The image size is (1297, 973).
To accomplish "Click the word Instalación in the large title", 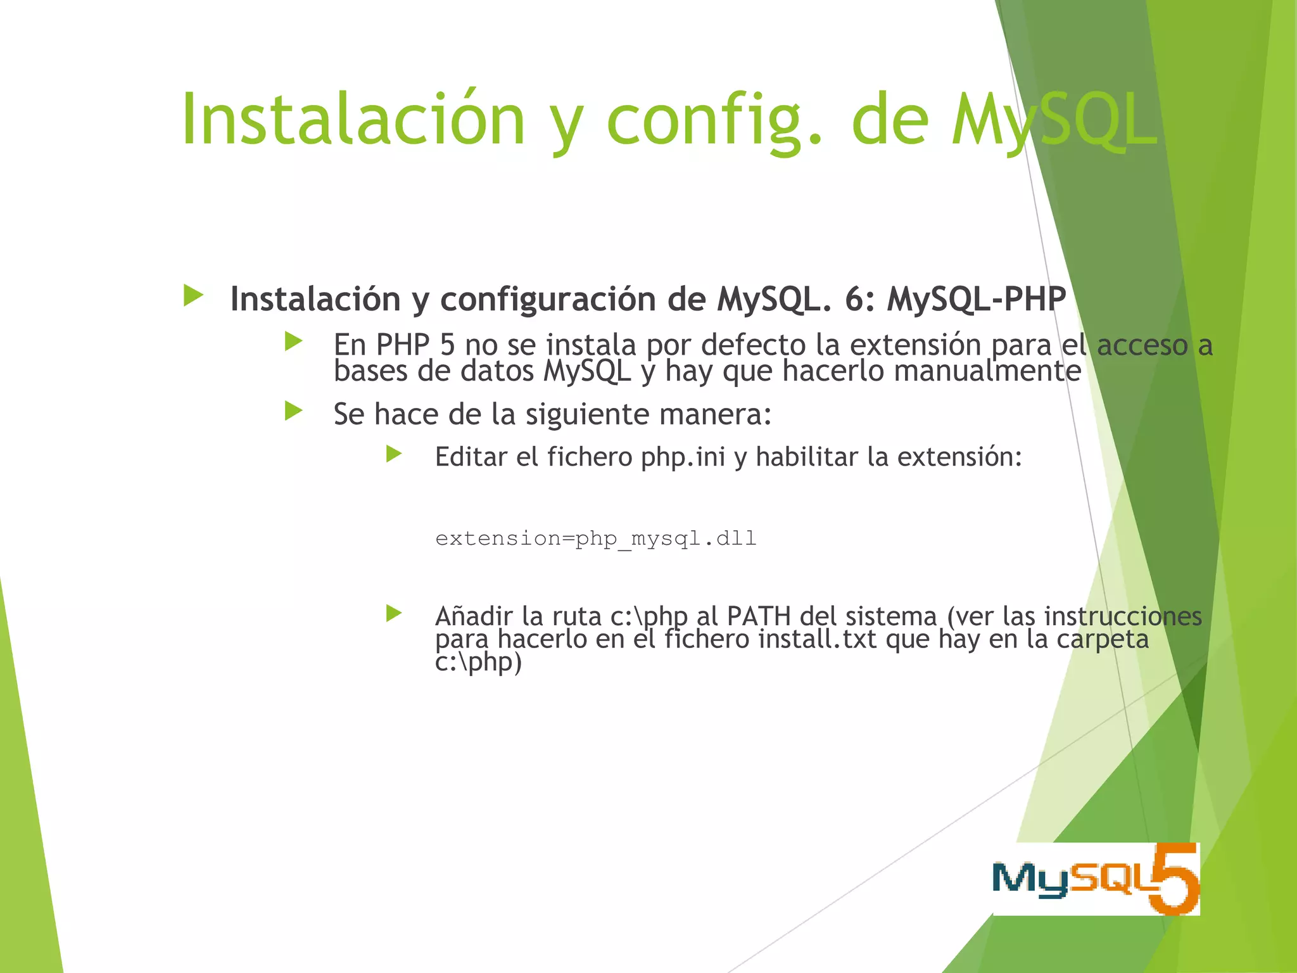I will [x=353, y=119].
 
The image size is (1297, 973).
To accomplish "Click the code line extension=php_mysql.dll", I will [x=595, y=538].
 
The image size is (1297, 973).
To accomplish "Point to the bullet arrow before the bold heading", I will [x=193, y=296].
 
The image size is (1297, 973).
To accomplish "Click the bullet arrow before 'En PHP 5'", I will [x=294, y=342].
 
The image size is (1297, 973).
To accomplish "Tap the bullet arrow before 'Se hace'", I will [x=294, y=411].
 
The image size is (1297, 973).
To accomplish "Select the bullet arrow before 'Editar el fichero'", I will [x=394, y=454].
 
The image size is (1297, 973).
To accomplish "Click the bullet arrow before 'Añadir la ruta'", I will [x=394, y=613].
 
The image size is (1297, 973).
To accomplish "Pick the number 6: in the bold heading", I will [x=859, y=299].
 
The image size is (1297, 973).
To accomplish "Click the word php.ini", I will [x=683, y=457].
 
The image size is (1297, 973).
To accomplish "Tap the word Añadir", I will [x=473, y=616].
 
